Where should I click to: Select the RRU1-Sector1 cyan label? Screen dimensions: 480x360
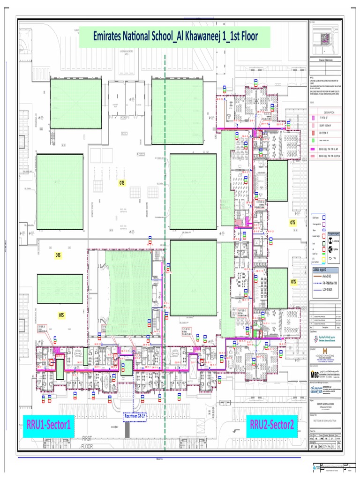pos(49,425)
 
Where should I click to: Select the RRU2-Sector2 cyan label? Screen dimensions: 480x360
pos(272,425)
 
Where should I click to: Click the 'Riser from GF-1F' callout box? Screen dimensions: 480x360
pos(134,417)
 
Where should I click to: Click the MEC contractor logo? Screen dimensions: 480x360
pos(314,374)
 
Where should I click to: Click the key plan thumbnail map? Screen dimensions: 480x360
pos(326,40)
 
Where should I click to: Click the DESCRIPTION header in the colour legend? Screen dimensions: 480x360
pos(329,112)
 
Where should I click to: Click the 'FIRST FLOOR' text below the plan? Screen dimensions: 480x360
pos(88,442)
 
